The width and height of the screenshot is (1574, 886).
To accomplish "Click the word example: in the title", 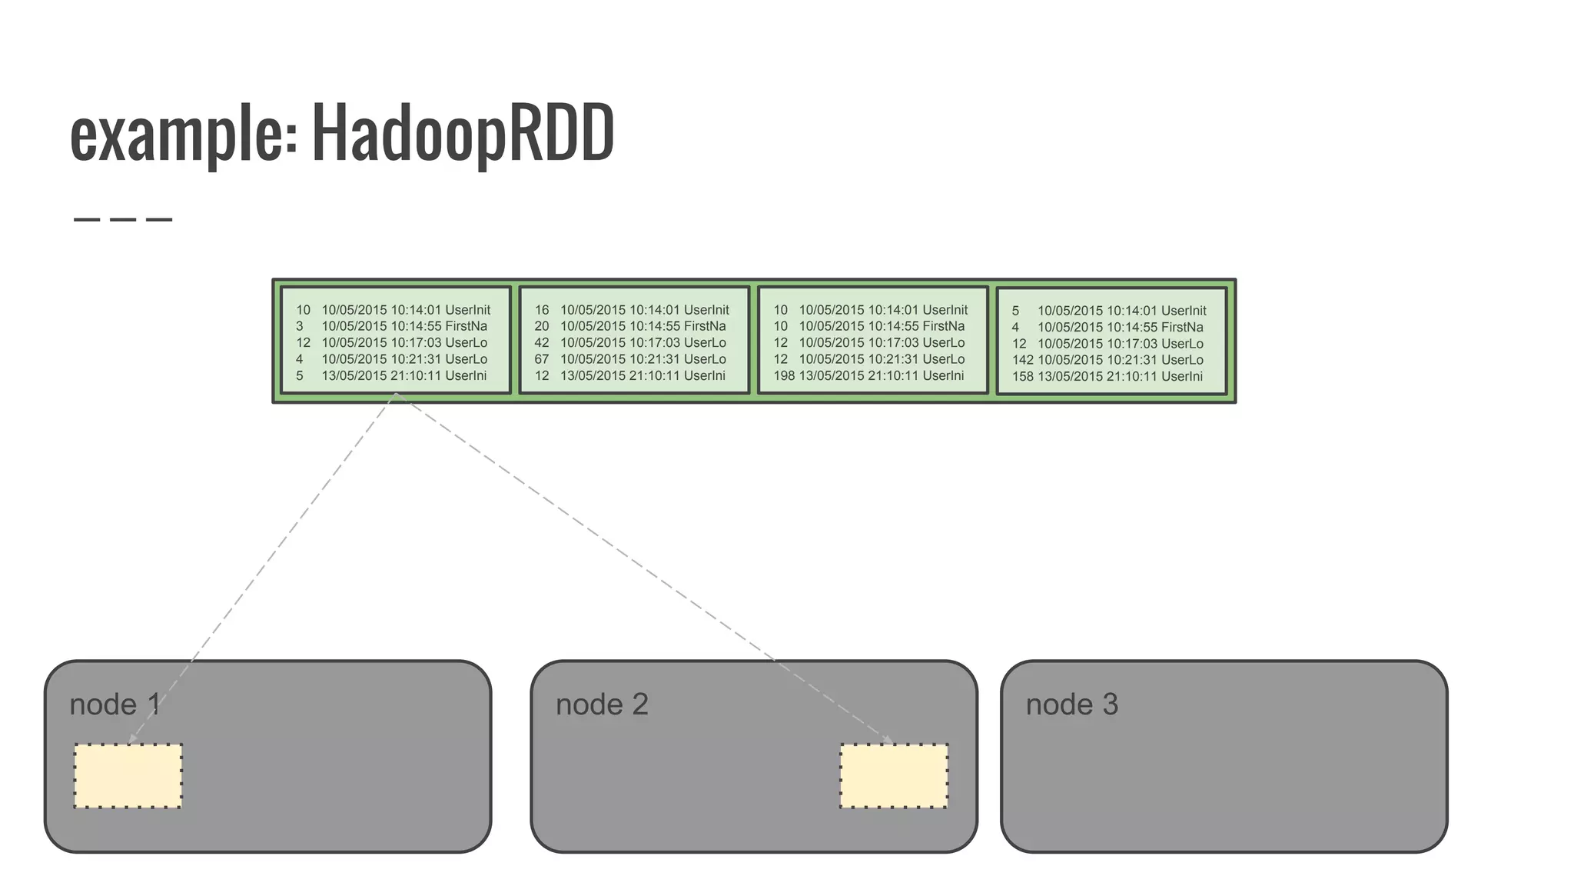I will tap(183, 135).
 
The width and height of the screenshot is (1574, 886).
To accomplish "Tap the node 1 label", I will tap(115, 704).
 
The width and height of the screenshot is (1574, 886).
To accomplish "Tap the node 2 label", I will tap(602, 704).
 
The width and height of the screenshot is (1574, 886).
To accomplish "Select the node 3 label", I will tap(1071, 704).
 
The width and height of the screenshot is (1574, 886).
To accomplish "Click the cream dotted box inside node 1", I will tap(128, 776).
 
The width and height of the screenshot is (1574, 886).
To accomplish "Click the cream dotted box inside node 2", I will tap(894, 776).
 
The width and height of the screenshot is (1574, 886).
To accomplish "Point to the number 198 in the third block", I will tap(784, 376).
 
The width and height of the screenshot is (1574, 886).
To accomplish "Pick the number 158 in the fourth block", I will tap(1022, 377).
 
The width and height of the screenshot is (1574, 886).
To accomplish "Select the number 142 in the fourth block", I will tap(1022, 360).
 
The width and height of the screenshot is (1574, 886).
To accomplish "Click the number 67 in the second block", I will tap(542, 359).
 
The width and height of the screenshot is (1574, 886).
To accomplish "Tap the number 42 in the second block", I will tap(542, 343).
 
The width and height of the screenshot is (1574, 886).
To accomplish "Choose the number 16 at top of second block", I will tap(542, 310).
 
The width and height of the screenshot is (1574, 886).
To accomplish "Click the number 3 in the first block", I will tap(300, 326).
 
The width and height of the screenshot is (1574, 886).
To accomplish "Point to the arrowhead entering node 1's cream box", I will tap(132, 740).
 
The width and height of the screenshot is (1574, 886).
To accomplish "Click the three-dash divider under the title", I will tap(123, 220).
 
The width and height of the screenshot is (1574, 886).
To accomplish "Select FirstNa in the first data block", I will tap(466, 326).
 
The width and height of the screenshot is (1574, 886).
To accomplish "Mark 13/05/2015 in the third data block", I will tap(832, 376).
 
